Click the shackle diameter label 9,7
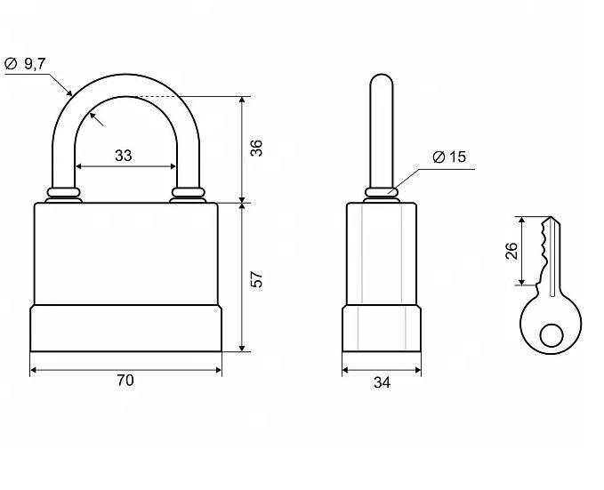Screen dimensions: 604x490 tap(35, 63)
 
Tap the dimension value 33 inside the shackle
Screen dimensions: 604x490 tap(124, 156)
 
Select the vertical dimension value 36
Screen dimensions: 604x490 tap(256, 149)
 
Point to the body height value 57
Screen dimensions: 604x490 tap(256, 279)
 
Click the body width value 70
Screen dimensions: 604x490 tap(125, 381)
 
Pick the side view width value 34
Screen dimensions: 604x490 tap(383, 382)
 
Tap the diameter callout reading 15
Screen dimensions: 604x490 tap(457, 157)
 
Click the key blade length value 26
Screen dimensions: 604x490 tap(511, 251)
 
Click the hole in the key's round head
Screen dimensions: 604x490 tap(552, 335)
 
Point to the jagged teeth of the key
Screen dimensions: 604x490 tap(544, 254)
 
